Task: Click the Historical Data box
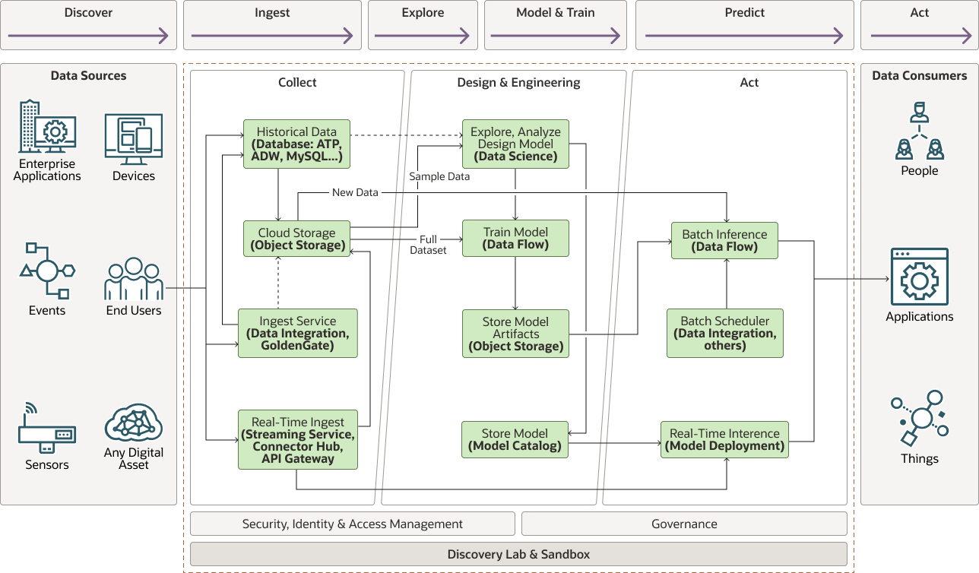point(296,144)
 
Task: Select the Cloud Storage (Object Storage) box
point(297,239)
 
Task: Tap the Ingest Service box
point(296,333)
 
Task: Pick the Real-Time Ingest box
point(296,440)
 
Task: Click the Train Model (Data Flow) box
point(515,238)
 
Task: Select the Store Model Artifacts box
point(515,334)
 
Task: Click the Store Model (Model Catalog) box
point(515,439)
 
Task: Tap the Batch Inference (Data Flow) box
point(724,240)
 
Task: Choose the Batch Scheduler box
point(724,333)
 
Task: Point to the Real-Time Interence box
point(724,439)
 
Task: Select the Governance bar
point(684,524)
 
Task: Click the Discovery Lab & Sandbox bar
point(518,554)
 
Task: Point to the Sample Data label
point(439,176)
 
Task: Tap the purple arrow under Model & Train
point(555,35)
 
